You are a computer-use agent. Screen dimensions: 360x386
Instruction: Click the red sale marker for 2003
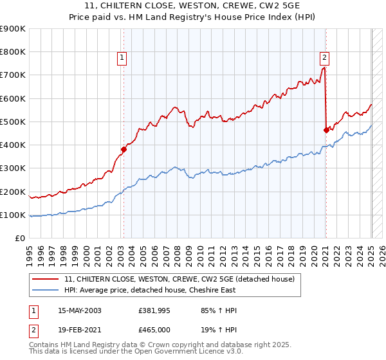coord(124,149)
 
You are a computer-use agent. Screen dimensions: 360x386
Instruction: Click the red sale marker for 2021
coord(326,130)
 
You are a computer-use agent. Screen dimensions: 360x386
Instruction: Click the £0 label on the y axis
coord(19,238)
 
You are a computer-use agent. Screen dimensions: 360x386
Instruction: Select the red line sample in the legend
coord(45,279)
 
